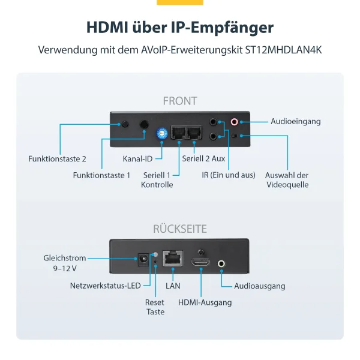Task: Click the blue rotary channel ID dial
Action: tap(161, 134)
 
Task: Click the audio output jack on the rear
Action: tap(222, 262)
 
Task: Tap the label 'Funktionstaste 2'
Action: tap(58, 159)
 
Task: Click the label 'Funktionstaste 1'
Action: tap(101, 175)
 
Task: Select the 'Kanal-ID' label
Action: tap(137, 159)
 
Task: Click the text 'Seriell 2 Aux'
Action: tap(203, 159)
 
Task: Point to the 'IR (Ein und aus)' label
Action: tap(229, 175)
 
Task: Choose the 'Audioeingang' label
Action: tap(295, 121)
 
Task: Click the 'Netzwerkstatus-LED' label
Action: tap(106, 286)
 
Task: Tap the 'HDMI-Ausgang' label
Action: tap(205, 302)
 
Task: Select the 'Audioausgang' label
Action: tap(260, 286)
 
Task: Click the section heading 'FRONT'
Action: tap(179, 101)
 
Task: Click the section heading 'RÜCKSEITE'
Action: tap(179, 229)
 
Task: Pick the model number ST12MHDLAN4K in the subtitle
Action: tap(284, 50)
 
